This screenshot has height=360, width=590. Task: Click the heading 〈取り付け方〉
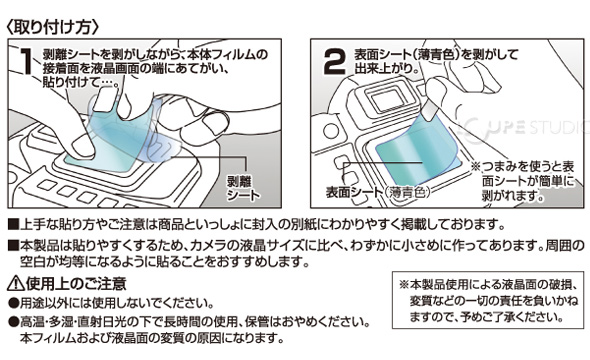[53, 27]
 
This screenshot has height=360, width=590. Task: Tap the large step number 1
[27, 61]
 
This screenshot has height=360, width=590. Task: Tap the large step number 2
[334, 62]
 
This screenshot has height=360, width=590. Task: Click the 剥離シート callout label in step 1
[243, 188]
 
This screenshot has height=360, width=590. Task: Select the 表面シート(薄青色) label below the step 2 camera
[377, 192]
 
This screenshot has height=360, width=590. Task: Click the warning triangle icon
[15, 283]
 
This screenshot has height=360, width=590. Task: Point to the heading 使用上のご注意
[76, 283]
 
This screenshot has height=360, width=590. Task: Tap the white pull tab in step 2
[430, 111]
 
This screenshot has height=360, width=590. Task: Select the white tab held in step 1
[105, 100]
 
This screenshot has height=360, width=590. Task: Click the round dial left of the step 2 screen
[331, 131]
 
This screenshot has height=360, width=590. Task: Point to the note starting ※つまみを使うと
[524, 181]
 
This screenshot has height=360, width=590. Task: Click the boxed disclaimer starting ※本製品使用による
[489, 300]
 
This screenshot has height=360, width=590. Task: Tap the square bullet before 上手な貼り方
[13, 225]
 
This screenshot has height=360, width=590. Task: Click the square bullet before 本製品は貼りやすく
[13, 246]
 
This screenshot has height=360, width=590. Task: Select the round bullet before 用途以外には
[14, 303]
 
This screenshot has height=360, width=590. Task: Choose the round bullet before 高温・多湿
[14, 322]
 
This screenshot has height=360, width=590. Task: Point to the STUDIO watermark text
[558, 128]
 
